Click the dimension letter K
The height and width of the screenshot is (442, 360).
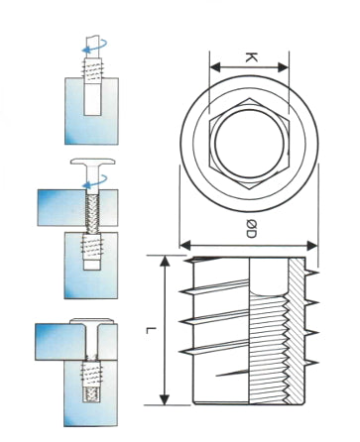(251, 57)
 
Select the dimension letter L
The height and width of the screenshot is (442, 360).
(151, 330)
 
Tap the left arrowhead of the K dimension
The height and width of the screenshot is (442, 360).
(216, 67)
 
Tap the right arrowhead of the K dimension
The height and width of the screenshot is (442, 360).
(283, 67)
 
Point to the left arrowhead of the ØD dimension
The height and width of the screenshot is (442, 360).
(185, 246)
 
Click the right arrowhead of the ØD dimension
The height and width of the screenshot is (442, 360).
(312, 246)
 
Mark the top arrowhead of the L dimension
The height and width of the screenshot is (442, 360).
(165, 261)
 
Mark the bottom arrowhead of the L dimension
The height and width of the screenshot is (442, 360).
(165, 399)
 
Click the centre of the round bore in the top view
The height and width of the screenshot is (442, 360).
(250, 144)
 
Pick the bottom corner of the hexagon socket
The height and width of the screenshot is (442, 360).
(250, 189)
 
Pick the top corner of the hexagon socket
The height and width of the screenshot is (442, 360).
(250, 98)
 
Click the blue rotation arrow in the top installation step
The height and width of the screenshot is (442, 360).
(95, 47)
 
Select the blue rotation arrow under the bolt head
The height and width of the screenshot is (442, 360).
(95, 181)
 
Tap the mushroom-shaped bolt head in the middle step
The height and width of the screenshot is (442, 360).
(93, 162)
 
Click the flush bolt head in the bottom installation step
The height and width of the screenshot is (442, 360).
(91, 320)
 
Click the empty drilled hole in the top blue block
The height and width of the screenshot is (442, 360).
(92, 99)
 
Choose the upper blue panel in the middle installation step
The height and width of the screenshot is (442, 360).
(77, 208)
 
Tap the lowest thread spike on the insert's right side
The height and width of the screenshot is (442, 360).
(311, 363)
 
